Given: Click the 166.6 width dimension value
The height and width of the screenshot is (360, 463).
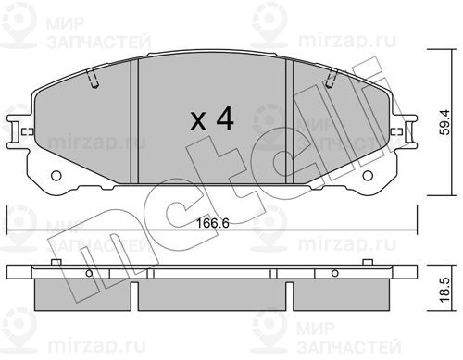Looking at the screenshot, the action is [x=213, y=223].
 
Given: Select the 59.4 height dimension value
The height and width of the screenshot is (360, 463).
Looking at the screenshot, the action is [x=445, y=122].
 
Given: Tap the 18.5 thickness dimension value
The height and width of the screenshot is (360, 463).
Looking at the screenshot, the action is [x=445, y=290].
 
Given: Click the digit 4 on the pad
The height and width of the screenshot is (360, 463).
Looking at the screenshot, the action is [x=225, y=118].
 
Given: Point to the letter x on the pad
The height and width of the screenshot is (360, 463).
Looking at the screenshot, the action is [x=198, y=121].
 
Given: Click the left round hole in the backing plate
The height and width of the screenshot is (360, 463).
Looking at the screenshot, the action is [x=56, y=176].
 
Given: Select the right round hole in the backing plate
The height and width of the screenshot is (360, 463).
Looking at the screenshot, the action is [x=368, y=176].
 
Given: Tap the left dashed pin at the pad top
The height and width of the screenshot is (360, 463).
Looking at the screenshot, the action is [x=92, y=79].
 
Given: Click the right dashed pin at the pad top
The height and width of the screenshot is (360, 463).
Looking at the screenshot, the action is [x=332, y=79].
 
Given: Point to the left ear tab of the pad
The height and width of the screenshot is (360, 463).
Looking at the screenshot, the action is [x=14, y=131].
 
